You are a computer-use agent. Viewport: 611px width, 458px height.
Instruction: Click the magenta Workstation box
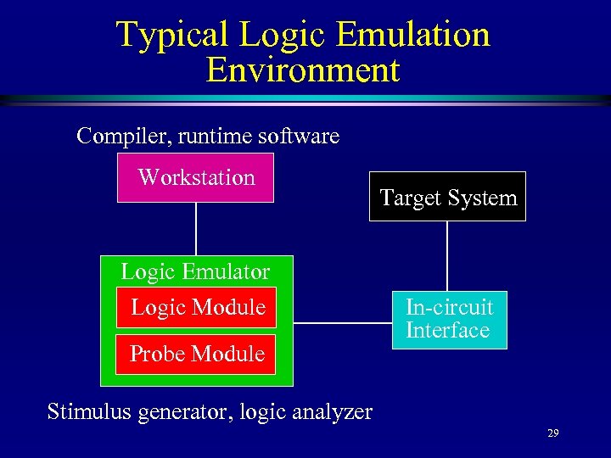195,178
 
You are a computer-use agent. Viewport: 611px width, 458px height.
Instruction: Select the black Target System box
447,197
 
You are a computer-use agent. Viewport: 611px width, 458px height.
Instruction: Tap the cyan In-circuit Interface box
448,319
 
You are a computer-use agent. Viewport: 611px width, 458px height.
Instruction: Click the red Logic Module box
198,307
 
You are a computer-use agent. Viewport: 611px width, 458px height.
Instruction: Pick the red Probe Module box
197,354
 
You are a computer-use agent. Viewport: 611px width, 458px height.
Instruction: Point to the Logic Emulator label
195,271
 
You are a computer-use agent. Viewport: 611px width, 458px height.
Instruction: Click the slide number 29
552,433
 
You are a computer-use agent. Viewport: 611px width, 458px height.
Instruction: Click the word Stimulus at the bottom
86,412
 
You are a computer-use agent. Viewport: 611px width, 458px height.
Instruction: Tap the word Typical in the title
172,35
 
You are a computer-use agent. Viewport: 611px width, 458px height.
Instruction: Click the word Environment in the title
302,70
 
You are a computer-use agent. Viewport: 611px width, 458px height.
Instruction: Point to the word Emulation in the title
413,35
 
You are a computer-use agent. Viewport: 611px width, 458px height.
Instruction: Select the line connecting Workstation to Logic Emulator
196,229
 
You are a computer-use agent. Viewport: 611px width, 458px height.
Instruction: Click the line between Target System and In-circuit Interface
447,256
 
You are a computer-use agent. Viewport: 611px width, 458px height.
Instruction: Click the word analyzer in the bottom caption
331,412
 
